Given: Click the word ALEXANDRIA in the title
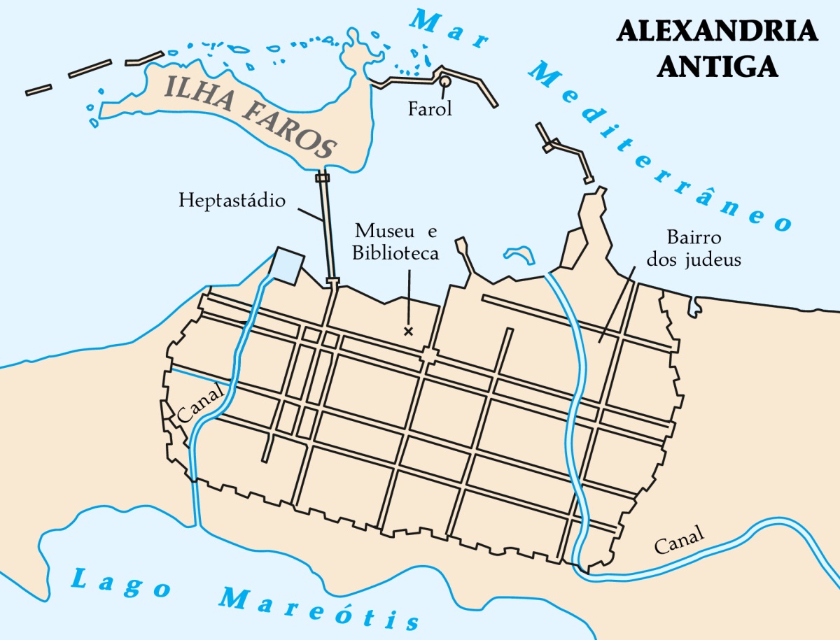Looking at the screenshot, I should (717, 31).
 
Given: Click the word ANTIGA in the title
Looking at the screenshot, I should (717, 65).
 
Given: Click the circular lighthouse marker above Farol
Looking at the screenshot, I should (444, 83).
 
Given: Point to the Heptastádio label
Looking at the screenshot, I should (232, 201).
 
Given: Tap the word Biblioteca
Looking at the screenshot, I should (395, 253).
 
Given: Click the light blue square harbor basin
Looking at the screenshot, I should (288, 265).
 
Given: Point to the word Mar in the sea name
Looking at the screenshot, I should (448, 32).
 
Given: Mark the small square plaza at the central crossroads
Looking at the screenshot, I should (428, 357).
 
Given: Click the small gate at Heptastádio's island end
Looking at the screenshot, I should (322, 178).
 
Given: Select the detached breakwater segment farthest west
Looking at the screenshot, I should (38, 90).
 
